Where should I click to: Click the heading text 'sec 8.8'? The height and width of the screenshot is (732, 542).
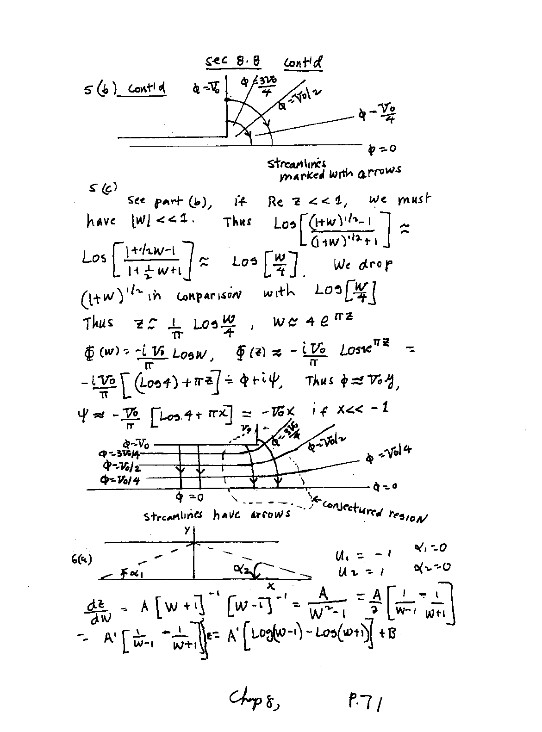232,62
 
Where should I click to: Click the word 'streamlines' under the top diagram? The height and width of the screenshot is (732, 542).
296,164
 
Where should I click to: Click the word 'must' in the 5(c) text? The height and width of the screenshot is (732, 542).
413,200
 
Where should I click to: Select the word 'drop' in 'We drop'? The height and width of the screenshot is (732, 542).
376,265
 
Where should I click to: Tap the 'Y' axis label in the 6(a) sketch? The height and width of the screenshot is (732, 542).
187,531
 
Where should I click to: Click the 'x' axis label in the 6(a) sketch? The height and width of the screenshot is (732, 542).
272,586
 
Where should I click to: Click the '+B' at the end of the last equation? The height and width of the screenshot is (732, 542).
387,633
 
